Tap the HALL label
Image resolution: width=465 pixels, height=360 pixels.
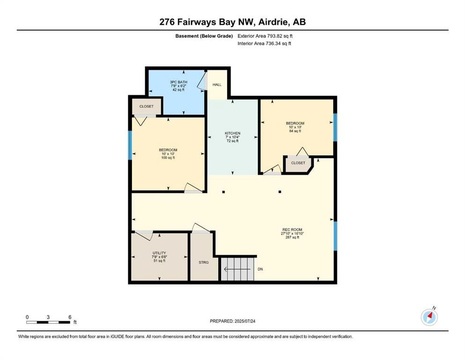pos(217,85)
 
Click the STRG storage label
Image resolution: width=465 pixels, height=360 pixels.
pos(203,262)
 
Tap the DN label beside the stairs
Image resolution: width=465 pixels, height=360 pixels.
pos(261,269)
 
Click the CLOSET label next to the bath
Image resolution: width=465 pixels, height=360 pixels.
pos(146,106)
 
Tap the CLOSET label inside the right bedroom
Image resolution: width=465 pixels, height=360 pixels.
pos(298,163)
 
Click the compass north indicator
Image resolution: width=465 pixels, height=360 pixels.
pos(429,317)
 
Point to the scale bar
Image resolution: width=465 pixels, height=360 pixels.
pos(48,322)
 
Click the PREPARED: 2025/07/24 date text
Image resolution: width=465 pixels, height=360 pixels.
pos(232,321)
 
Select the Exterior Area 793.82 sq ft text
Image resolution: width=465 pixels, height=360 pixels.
pos(265,36)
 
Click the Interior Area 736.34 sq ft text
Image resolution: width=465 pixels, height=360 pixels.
pos(264,44)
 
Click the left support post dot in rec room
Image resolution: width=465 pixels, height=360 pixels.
pos(223,192)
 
